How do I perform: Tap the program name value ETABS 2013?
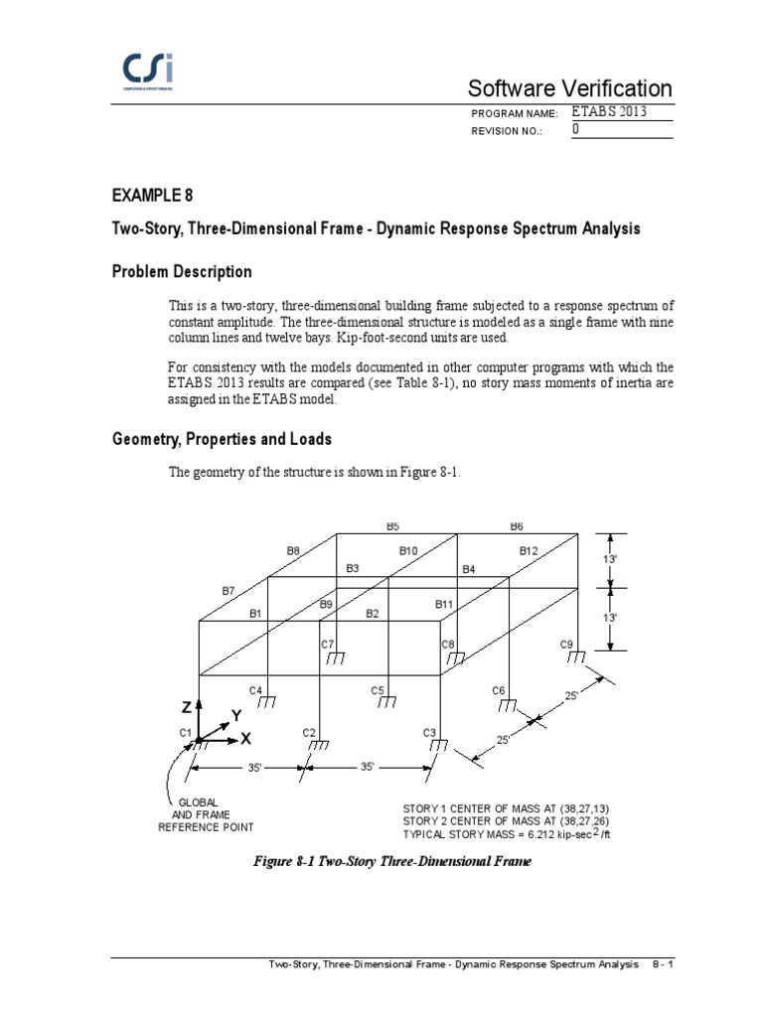(x=610, y=112)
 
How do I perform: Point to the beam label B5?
(x=392, y=526)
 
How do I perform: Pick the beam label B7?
(x=229, y=591)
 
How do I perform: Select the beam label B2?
(x=373, y=614)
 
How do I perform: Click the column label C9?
(x=567, y=645)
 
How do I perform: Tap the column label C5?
(x=378, y=690)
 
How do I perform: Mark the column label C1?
(x=185, y=733)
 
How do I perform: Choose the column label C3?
(x=430, y=733)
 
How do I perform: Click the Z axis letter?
(x=186, y=707)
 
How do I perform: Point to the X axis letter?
(x=245, y=740)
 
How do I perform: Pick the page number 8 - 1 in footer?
(x=664, y=964)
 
